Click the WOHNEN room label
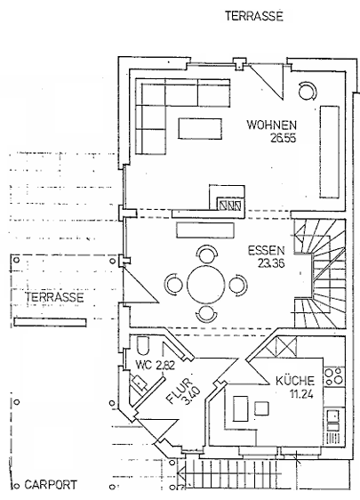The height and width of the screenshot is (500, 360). coord(271,125)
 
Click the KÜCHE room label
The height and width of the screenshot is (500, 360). coord(293,380)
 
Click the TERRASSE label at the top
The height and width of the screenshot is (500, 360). coord(252,15)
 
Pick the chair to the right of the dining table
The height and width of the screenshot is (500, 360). coord(238,286)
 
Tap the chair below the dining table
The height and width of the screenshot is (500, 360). coord(206,315)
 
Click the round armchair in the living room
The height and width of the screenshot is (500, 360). coord(308,91)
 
